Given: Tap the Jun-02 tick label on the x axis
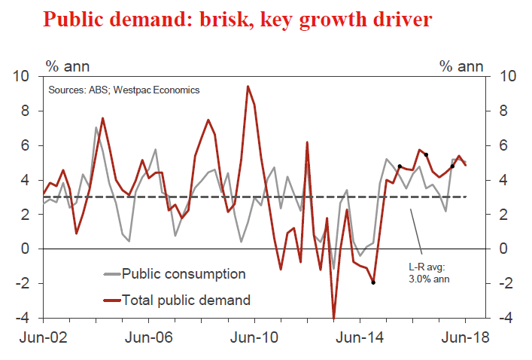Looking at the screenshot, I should click(43, 337).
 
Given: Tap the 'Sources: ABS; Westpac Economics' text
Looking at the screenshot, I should click(124, 90).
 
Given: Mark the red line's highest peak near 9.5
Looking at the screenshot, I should click(248, 86).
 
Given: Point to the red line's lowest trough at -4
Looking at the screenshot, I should click(333, 317).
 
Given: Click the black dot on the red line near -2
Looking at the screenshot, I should click(373, 282).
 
